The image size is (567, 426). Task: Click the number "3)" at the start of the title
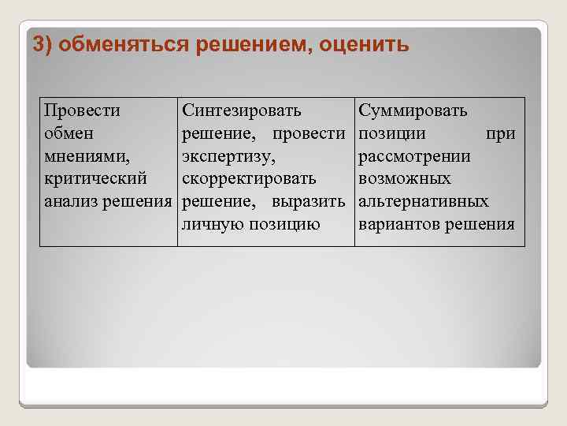click(43, 43)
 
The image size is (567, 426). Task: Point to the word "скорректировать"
click(249, 179)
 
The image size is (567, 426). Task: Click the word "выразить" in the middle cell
click(309, 202)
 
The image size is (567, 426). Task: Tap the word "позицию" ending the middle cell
click(284, 224)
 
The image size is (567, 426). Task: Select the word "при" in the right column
click(501, 134)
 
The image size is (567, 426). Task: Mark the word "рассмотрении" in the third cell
click(414, 156)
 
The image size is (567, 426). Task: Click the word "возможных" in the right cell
click(405, 179)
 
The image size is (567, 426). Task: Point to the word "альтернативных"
click(424, 202)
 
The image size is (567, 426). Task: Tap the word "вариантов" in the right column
click(398, 224)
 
